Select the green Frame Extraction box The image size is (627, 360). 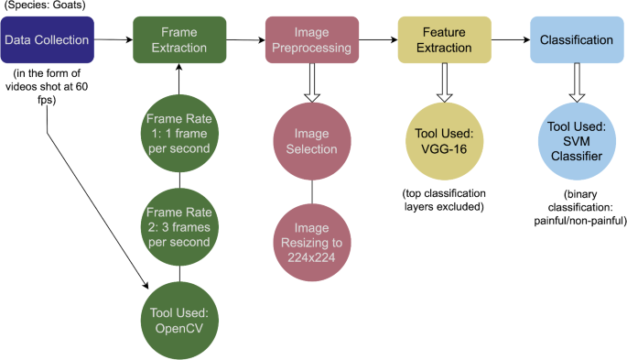click(178, 38)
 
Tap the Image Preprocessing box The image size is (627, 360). click(311, 39)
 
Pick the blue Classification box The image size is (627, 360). click(576, 40)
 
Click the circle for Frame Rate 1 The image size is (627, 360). click(179, 133)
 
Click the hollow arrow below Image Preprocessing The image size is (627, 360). click(312, 85)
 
